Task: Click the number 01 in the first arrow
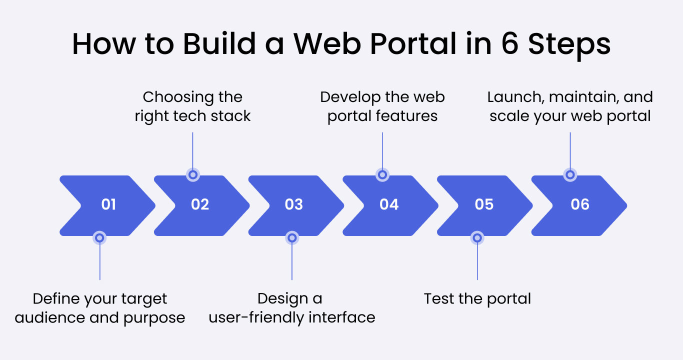click(108, 204)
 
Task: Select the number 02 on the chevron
click(200, 204)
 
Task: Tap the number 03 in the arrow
click(294, 204)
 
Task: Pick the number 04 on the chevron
click(389, 204)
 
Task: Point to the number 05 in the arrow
click(484, 204)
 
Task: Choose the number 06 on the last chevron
click(580, 204)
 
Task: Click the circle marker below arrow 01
click(99, 238)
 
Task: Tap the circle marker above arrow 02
click(192, 174)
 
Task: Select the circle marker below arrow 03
click(292, 238)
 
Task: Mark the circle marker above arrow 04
click(382, 174)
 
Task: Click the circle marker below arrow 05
click(477, 238)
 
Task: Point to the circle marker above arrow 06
click(570, 174)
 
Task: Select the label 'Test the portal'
click(477, 298)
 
